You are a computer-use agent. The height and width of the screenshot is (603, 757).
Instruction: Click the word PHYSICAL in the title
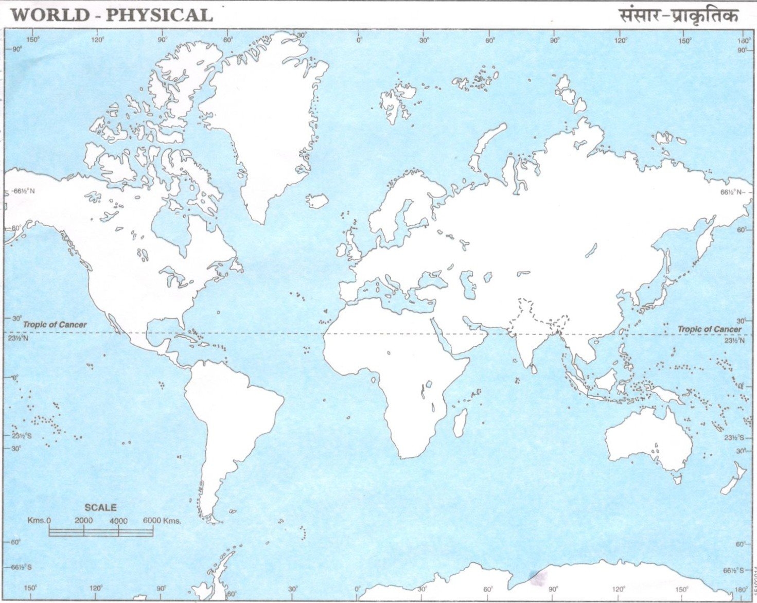pyautogui.click(x=159, y=14)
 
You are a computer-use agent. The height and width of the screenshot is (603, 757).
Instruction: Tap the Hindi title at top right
pyautogui.click(x=679, y=15)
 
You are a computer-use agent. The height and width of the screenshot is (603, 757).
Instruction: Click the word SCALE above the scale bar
pyautogui.click(x=100, y=507)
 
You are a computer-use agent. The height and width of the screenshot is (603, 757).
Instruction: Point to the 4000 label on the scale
pyautogui.click(x=118, y=521)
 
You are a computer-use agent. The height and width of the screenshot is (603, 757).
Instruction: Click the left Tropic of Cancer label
pyautogui.click(x=55, y=325)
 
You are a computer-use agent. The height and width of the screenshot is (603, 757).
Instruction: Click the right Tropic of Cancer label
pyautogui.click(x=709, y=329)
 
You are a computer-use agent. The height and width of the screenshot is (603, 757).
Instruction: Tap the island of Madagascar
pyautogui.click(x=461, y=423)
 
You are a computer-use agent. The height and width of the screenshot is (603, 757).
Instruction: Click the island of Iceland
pyautogui.click(x=317, y=201)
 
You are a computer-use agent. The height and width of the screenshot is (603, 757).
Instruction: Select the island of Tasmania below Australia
pyautogui.click(x=678, y=480)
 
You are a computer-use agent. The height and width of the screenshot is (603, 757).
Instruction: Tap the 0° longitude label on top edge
pyautogui.click(x=359, y=40)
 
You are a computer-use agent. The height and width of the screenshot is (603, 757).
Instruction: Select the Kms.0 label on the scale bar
pyautogui.click(x=39, y=521)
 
